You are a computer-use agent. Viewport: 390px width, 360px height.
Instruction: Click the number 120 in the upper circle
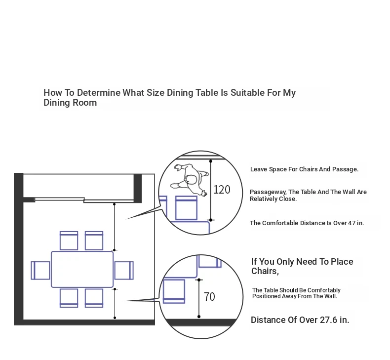point(222,190)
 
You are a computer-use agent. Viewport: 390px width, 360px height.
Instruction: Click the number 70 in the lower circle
point(209,297)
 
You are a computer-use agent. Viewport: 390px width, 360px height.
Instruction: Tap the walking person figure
point(190,179)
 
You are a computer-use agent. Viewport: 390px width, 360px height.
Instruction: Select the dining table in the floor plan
point(82,270)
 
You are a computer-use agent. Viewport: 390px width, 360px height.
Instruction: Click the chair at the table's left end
point(40,271)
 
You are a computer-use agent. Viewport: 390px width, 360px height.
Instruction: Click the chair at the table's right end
point(124,271)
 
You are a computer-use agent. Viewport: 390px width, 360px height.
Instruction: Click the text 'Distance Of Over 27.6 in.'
point(300,320)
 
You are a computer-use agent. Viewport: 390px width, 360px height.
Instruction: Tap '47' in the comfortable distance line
point(351,223)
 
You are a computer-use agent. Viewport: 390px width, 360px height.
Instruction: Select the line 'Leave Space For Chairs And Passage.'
point(304,169)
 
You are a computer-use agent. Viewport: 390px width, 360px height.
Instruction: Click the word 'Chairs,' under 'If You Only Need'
point(265,271)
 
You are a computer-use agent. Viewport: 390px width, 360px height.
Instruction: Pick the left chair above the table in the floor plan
point(69,240)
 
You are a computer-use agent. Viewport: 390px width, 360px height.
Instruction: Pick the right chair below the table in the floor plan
point(94,298)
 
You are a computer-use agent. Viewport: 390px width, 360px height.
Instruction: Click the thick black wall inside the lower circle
point(201,322)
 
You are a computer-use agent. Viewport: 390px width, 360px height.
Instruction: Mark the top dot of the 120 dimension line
point(211,161)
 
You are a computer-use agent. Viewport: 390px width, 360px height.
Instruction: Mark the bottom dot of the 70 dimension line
point(199,317)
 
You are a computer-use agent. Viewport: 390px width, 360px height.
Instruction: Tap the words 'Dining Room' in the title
point(70,103)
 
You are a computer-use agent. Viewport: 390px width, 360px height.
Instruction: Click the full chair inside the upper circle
point(186,208)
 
